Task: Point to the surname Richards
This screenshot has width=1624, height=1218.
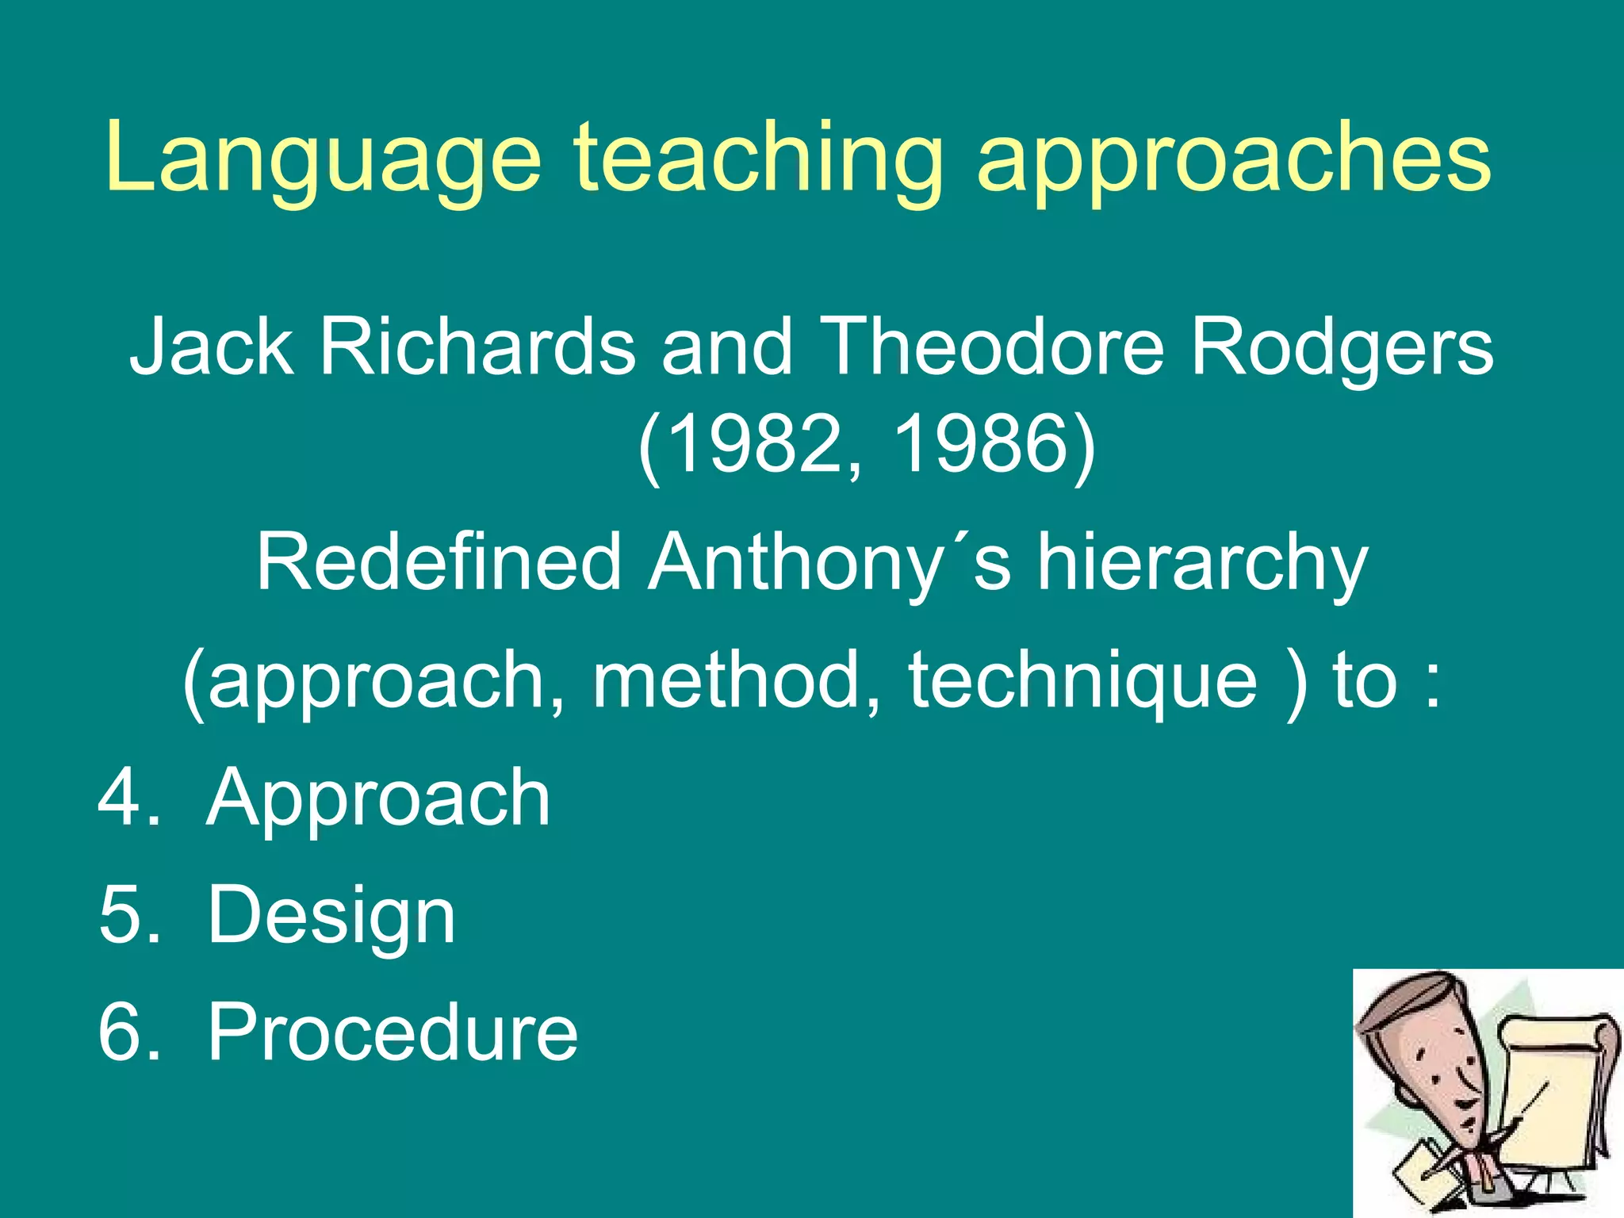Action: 477,346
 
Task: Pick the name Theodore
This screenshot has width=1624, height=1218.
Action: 991,346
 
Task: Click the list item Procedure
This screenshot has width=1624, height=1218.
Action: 393,1032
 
